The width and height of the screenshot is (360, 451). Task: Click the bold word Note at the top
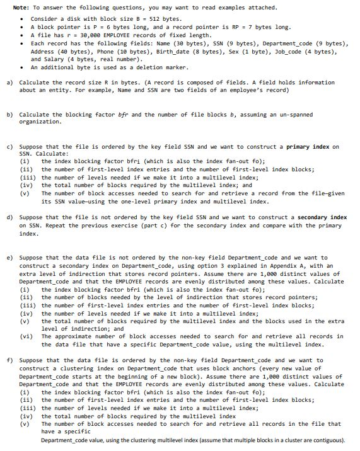(x=20, y=8)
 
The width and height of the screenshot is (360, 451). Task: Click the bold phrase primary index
(x=308, y=147)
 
